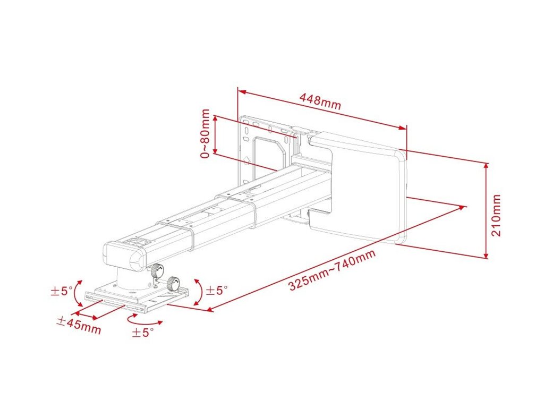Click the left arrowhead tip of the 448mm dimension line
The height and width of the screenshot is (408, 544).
(x=239, y=91)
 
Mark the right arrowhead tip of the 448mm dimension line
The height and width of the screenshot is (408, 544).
(x=406, y=129)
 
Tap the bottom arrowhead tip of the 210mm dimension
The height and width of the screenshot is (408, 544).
(x=487, y=258)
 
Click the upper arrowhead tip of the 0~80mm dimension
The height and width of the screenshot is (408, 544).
(x=215, y=116)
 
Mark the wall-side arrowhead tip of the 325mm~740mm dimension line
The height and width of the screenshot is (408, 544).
(x=465, y=207)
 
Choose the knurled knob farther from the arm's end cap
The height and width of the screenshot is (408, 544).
(x=174, y=284)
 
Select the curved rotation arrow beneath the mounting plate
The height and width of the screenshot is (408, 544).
(x=143, y=319)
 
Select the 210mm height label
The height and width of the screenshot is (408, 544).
(x=496, y=215)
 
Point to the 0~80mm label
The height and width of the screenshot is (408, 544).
(x=206, y=133)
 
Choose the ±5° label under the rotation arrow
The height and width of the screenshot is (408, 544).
(x=142, y=333)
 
